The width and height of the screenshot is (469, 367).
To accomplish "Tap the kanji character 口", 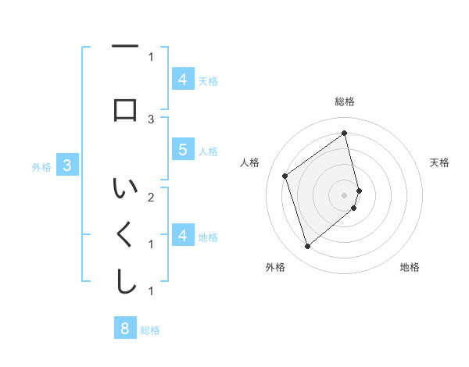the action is coord(125,110).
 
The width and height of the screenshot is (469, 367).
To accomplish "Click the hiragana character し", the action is coord(125,282).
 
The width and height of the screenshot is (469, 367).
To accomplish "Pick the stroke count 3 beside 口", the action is coord(151,119).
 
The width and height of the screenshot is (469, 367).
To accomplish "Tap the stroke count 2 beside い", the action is coord(151,197).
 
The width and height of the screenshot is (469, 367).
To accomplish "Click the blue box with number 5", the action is coord(182,150).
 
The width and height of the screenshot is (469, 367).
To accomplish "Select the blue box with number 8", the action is coord(124,329).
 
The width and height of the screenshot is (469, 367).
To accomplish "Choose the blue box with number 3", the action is coord(67,166).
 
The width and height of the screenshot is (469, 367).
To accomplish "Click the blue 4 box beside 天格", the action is coord(182,80).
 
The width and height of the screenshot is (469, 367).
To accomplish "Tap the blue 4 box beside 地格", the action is coord(182,236).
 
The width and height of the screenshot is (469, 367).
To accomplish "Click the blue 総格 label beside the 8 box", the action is coord(150,330).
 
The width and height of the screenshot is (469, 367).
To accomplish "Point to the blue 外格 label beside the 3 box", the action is coord(41,166).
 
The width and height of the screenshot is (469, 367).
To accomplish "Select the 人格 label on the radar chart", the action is coord(250,162).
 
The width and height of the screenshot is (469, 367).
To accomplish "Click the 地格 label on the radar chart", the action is coord(410,267).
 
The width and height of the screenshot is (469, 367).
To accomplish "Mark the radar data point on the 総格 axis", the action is coord(345,134).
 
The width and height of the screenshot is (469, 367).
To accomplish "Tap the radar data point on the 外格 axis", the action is coord(307,247).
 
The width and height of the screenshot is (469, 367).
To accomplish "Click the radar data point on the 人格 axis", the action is coord(285,176).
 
